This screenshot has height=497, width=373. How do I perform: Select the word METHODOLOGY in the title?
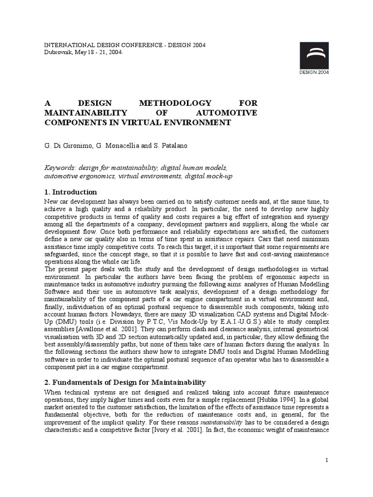tap(175, 103)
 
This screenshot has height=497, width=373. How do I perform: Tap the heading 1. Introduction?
tap(71, 192)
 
